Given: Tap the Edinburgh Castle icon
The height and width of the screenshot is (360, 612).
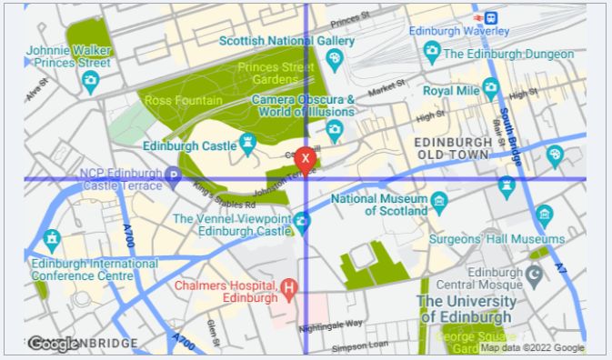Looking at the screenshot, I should [x=247, y=142].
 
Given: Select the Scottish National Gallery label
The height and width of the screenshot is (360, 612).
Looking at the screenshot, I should [x=287, y=41].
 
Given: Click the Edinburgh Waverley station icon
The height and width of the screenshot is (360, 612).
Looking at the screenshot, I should [x=491, y=16].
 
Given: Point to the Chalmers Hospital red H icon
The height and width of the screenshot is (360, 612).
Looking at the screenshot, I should [x=289, y=290].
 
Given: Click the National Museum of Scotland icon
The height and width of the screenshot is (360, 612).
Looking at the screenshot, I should [x=439, y=199].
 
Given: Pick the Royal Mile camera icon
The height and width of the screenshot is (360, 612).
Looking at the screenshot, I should [x=491, y=89].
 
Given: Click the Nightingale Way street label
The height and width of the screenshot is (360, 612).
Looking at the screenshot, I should [x=330, y=323].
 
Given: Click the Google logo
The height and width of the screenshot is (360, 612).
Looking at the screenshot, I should [x=52, y=344].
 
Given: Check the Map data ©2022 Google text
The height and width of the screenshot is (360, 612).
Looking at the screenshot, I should [x=532, y=347].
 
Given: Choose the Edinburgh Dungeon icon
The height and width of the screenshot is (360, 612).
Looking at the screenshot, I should [x=432, y=53].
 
